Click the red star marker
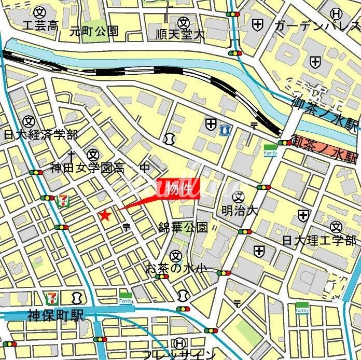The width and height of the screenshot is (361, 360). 105,215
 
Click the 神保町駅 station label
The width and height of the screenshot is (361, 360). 56,316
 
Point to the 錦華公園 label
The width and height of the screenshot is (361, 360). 183,227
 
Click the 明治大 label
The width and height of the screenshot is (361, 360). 239,212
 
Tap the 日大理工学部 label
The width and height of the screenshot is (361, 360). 320,241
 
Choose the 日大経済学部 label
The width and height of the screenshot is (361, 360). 40,135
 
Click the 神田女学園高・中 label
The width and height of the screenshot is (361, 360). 100,168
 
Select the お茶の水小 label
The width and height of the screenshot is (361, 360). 176,268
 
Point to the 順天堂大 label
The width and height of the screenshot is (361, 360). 180,35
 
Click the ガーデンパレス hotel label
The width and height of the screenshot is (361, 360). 316,25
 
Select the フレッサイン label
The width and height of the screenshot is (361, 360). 178,355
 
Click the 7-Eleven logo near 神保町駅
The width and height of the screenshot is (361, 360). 52,298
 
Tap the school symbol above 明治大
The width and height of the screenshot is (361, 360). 238,197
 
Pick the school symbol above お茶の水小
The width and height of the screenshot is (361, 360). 176,255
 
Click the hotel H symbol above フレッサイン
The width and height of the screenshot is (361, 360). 179,343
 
